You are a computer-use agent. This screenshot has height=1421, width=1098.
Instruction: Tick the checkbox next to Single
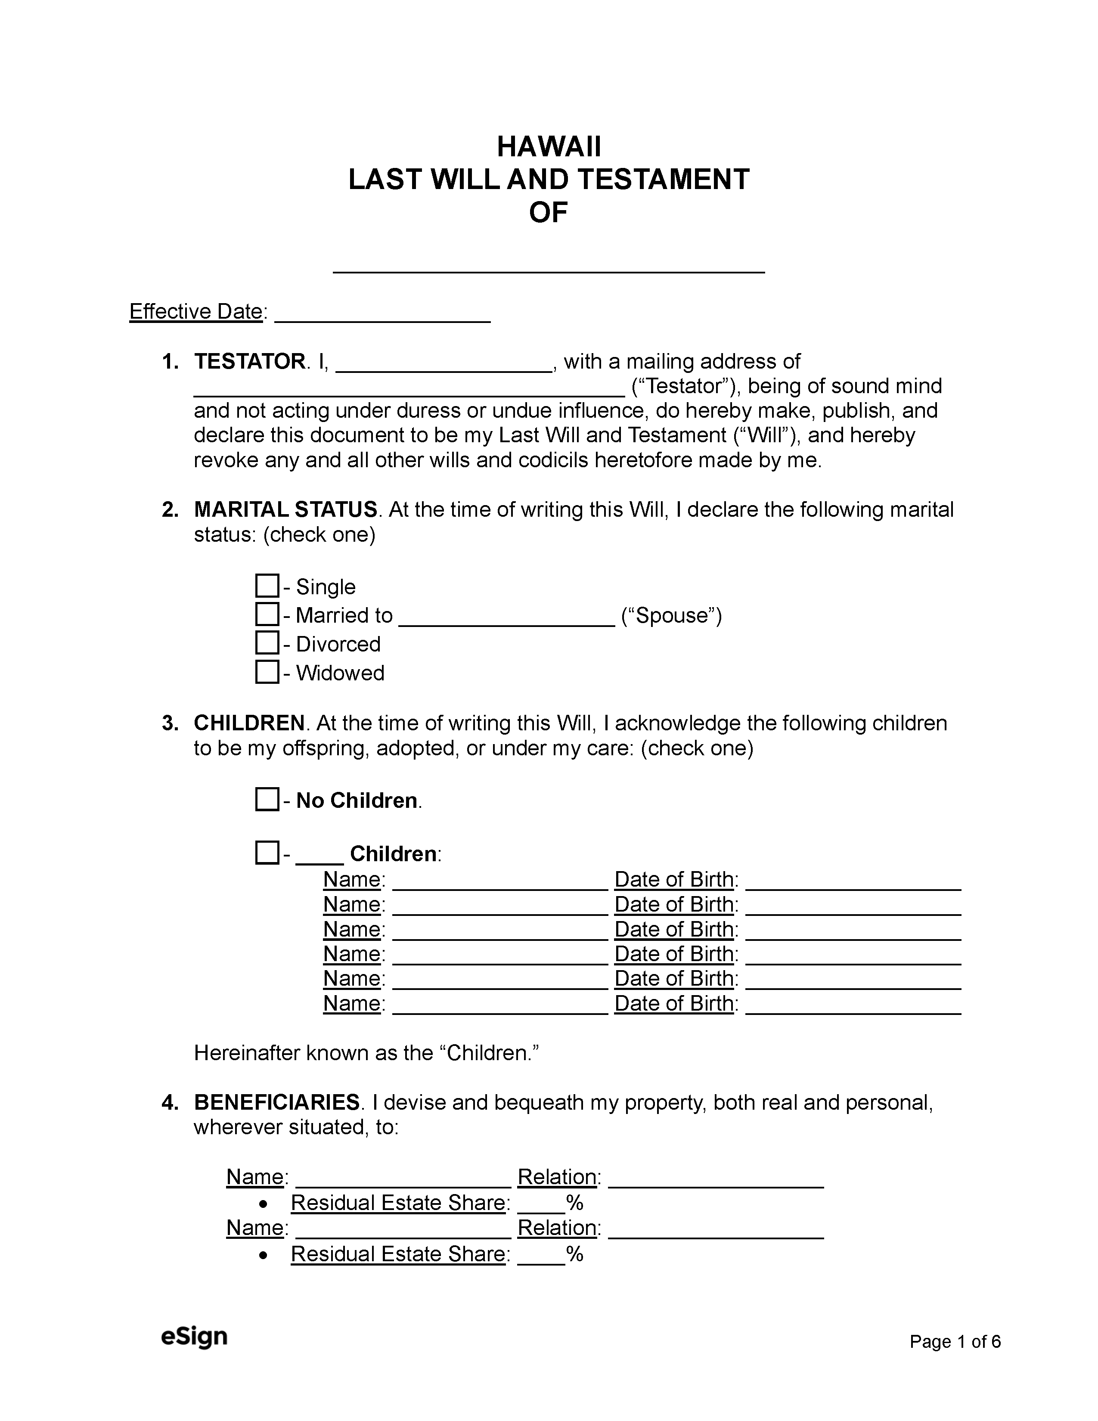click(267, 586)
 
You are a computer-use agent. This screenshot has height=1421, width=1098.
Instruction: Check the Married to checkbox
click(267, 614)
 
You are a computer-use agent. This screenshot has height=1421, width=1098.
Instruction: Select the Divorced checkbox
click(267, 643)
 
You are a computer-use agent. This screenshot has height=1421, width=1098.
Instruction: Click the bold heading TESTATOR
click(249, 362)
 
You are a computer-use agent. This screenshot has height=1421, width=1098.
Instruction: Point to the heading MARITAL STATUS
click(285, 509)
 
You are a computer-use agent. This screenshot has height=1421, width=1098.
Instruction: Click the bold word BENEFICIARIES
click(276, 1102)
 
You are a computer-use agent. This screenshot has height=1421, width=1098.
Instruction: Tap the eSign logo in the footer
click(194, 1337)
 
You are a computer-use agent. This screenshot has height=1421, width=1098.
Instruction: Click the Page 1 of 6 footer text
click(954, 1342)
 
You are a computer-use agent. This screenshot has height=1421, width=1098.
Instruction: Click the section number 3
click(170, 723)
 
